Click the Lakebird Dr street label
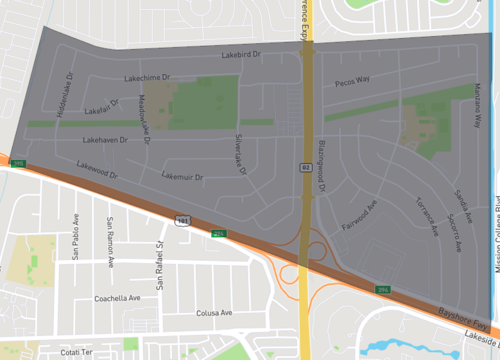pos(241,55)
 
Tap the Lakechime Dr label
pos(147,77)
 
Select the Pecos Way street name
pos(352,80)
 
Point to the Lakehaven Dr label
pos(105,140)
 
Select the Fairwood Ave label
pos(357,213)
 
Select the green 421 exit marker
pos(218,233)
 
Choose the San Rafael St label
pos(157,248)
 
